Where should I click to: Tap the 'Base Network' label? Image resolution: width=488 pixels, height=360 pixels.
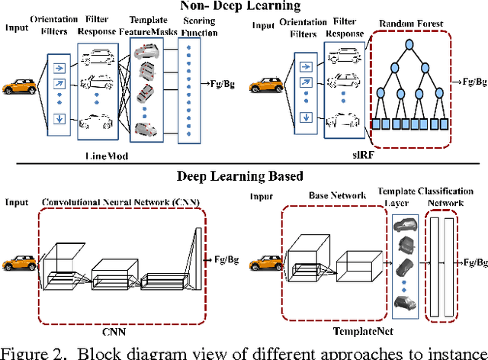point(326,194)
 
